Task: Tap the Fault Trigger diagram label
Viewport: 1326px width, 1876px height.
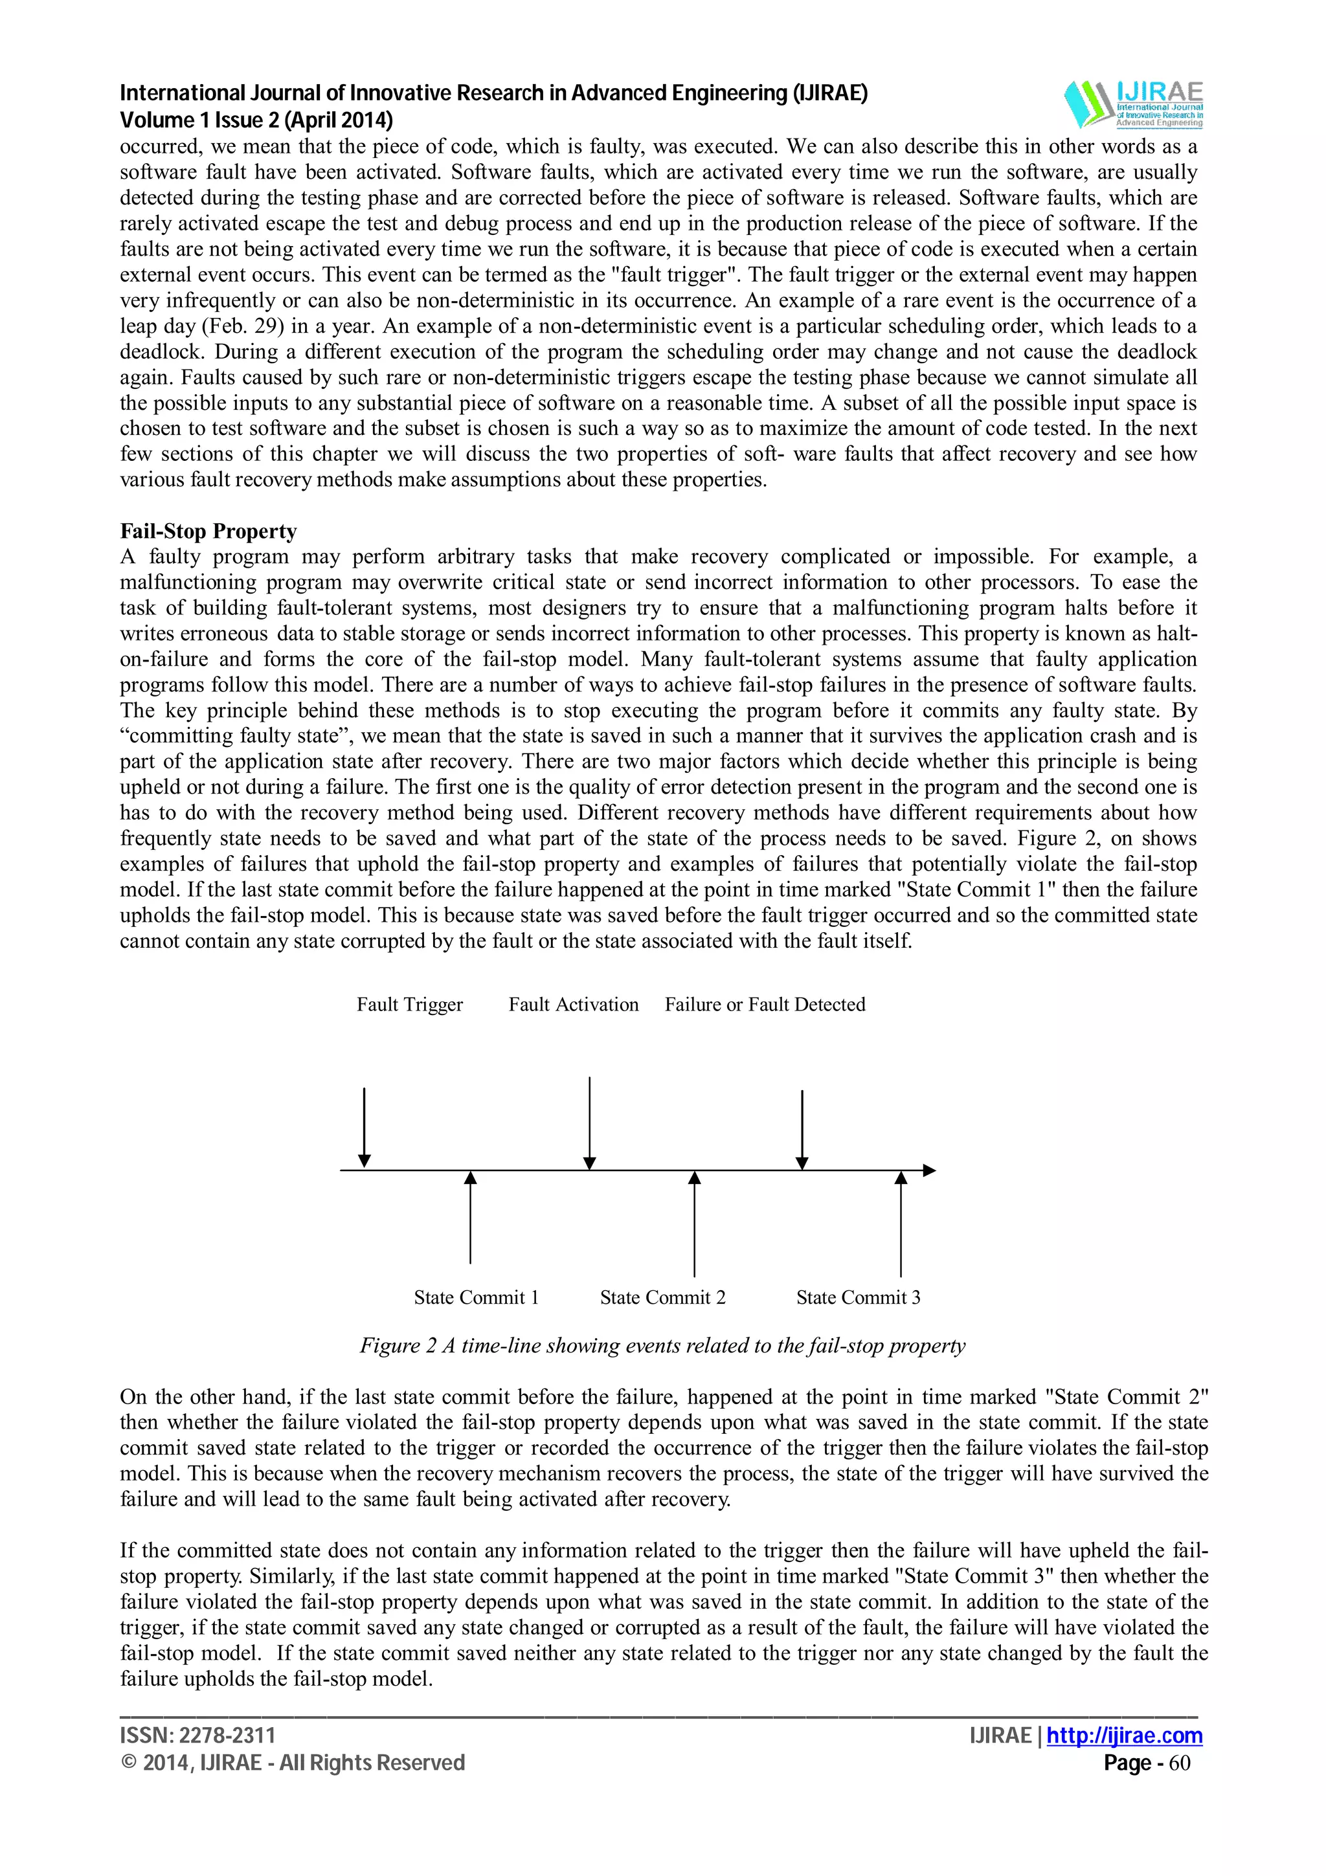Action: (x=409, y=1004)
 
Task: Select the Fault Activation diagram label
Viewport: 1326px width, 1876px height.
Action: (x=574, y=1004)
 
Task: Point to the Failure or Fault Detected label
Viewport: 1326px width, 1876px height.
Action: (x=765, y=1004)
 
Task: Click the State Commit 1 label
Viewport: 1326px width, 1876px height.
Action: (x=477, y=1297)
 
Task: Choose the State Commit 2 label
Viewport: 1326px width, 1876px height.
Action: (x=662, y=1297)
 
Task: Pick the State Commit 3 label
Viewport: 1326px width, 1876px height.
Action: (x=858, y=1297)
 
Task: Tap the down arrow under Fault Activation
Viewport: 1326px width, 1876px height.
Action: (x=589, y=1124)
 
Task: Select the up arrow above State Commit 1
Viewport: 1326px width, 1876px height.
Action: (x=471, y=1218)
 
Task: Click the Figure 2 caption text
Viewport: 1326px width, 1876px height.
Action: (x=662, y=1346)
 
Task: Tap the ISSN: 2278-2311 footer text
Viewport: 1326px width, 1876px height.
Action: (x=197, y=1736)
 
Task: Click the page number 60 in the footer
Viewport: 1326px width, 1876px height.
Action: (x=1180, y=1763)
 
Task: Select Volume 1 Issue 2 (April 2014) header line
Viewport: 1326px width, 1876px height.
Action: (x=256, y=120)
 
